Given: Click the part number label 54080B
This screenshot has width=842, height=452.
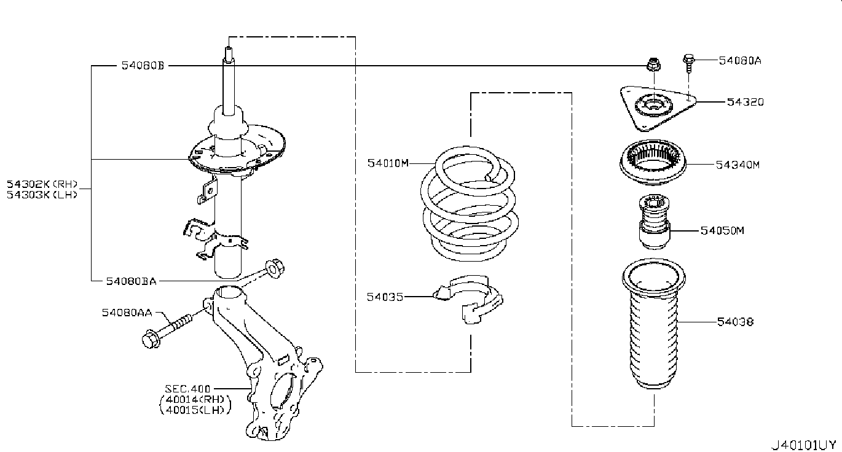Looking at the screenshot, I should (143, 65).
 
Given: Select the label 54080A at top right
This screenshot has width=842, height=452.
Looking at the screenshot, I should (740, 60).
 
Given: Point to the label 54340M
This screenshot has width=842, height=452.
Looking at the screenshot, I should (738, 165).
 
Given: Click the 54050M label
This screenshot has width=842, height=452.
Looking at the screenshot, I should (722, 231).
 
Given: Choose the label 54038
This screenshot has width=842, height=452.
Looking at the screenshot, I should (734, 321).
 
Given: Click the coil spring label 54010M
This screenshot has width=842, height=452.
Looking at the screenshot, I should (388, 163).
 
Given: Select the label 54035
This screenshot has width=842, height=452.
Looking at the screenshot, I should (385, 297).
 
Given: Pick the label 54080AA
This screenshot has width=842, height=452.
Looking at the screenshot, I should (127, 313).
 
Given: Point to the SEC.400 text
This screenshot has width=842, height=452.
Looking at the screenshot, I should (187, 389).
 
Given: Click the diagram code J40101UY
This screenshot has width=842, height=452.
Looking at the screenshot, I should (804, 444).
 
